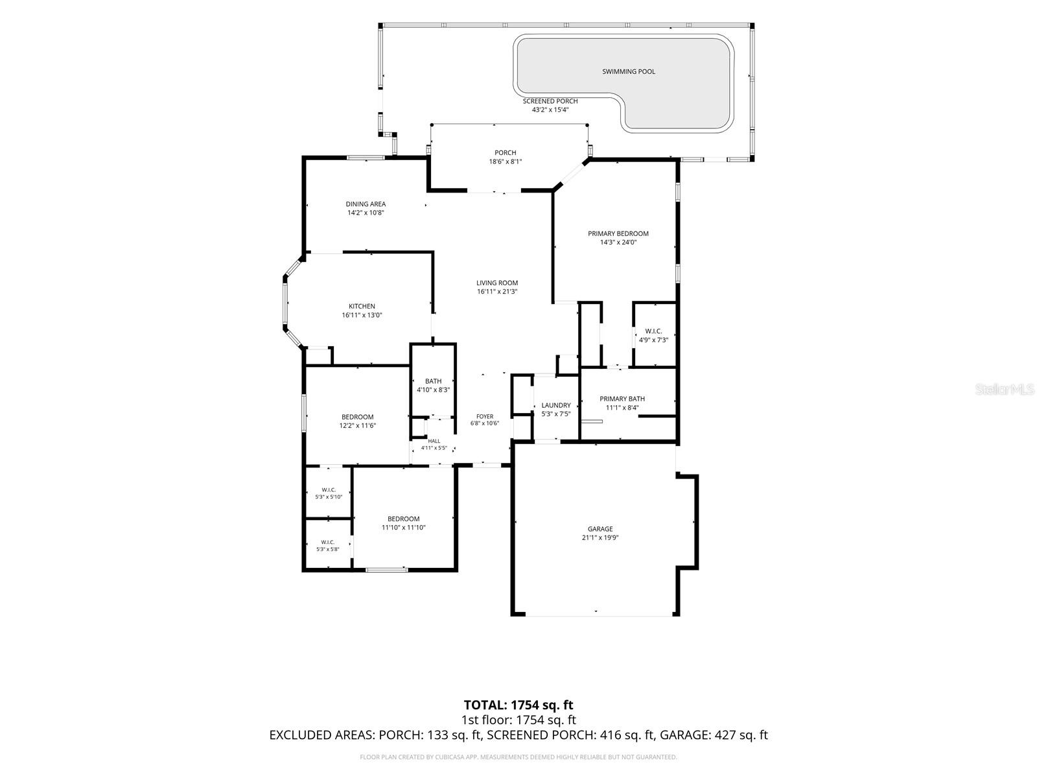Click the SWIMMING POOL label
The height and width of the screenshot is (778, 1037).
pyautogui.click(x=628, y=72)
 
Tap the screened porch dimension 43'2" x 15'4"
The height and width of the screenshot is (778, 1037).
pyautogui.click(x=550, y=110)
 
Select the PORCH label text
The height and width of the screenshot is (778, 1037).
pyautogui.click(x=505, y=153)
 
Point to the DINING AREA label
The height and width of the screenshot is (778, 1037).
pyautogui.click(x=366, y=204)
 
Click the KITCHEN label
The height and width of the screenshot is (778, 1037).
pyautogui.click(x=362, y=307)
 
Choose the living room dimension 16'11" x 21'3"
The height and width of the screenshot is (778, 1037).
pyautogui.click(x=497, y=292)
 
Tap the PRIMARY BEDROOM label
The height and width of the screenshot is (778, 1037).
pyautogui.click(x=618, y=234)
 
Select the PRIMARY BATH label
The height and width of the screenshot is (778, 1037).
pyautogui.click(x=622, y=399)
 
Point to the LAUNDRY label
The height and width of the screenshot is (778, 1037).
pyautogui.click(x=556, y=405)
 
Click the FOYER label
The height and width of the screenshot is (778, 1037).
pyautogui.click(x=485, y=417)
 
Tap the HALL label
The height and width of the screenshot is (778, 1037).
pyautogui.click(x=434, y=442)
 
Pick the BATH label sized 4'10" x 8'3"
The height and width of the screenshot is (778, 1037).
pyautogui.click(x=433, y=381)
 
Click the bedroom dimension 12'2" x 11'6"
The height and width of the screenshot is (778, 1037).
pyautogui.click(x=358, y=425)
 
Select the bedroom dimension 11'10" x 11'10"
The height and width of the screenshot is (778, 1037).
pyautogui.click(x=404, y=528)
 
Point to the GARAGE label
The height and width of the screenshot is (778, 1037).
pyautogui.click(x=600, y=529)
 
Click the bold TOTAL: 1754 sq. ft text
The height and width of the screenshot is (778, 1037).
pyautogui.click(x=518, y=705)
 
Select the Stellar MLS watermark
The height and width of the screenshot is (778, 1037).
pyautogui.click(x=1005, y=389)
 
